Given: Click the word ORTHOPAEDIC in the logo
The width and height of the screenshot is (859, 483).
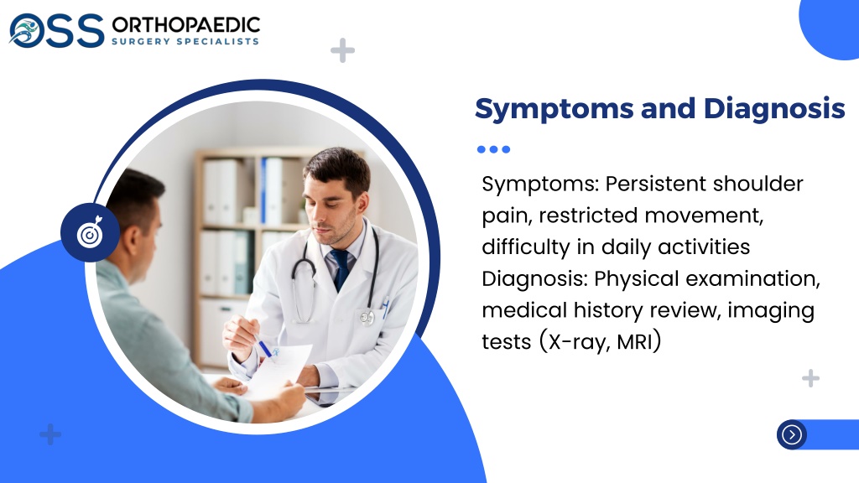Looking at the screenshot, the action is (185, 24).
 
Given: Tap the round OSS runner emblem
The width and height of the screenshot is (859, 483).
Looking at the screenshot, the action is (26, 30).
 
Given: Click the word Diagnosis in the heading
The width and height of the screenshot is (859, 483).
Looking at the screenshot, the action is (774, 108).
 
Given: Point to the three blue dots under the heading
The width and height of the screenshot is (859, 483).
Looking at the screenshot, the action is (493, 149).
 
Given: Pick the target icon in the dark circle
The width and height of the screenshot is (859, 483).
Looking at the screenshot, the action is (91, 233).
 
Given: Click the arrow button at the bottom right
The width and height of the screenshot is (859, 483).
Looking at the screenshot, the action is (792, 435).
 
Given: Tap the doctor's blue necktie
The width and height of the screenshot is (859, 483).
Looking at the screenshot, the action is (341, 269).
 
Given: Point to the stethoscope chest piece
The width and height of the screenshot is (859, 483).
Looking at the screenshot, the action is (367, 316).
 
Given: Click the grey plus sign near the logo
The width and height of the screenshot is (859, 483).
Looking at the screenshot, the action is (342, 50).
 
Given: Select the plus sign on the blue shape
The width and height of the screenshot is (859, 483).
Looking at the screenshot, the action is (50, 434).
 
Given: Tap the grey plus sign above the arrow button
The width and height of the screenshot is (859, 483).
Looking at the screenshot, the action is (811, 378).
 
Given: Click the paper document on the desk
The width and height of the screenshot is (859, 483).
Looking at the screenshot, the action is (279, 370).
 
